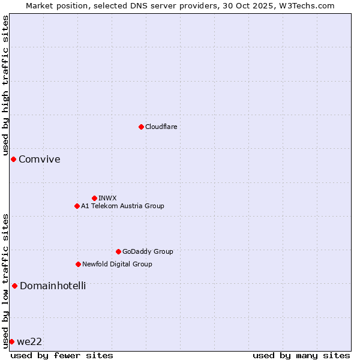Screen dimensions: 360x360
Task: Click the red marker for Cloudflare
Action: click(x=141, y=127)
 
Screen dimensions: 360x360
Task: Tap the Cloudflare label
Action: click(x=161, y=127)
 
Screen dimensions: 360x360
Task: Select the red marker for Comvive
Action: click(x=13, y=159)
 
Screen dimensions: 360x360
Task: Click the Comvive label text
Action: click(x=39, y=160)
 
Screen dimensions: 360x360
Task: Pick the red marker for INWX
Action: click(x=94, y=198)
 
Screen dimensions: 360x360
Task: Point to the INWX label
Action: click(x=107, y=198)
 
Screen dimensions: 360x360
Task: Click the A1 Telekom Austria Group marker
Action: click(x=77, y=206)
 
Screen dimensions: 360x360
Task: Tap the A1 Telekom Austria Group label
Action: click(x=122, y=206)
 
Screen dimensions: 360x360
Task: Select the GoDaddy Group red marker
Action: click(x=118, y=251)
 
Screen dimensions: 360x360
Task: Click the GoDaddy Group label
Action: click(x=147, y=251)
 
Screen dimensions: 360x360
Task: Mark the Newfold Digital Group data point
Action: click(x=78, y=264)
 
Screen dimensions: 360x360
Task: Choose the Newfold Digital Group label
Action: click(x=117, y=264)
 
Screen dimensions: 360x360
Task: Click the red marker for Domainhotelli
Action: click(x=14, y=286)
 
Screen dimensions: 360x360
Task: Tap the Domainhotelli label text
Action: click(x=53, y=286)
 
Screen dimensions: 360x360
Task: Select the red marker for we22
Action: click(x=11, y=341)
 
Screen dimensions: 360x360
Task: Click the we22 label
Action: click(x=29, y=342)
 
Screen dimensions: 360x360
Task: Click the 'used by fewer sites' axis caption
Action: click(x=62, y=355)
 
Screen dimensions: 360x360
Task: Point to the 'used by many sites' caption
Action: click(x=301, y=355)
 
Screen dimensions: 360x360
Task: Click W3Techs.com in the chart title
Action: click(x=308, y=5)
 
